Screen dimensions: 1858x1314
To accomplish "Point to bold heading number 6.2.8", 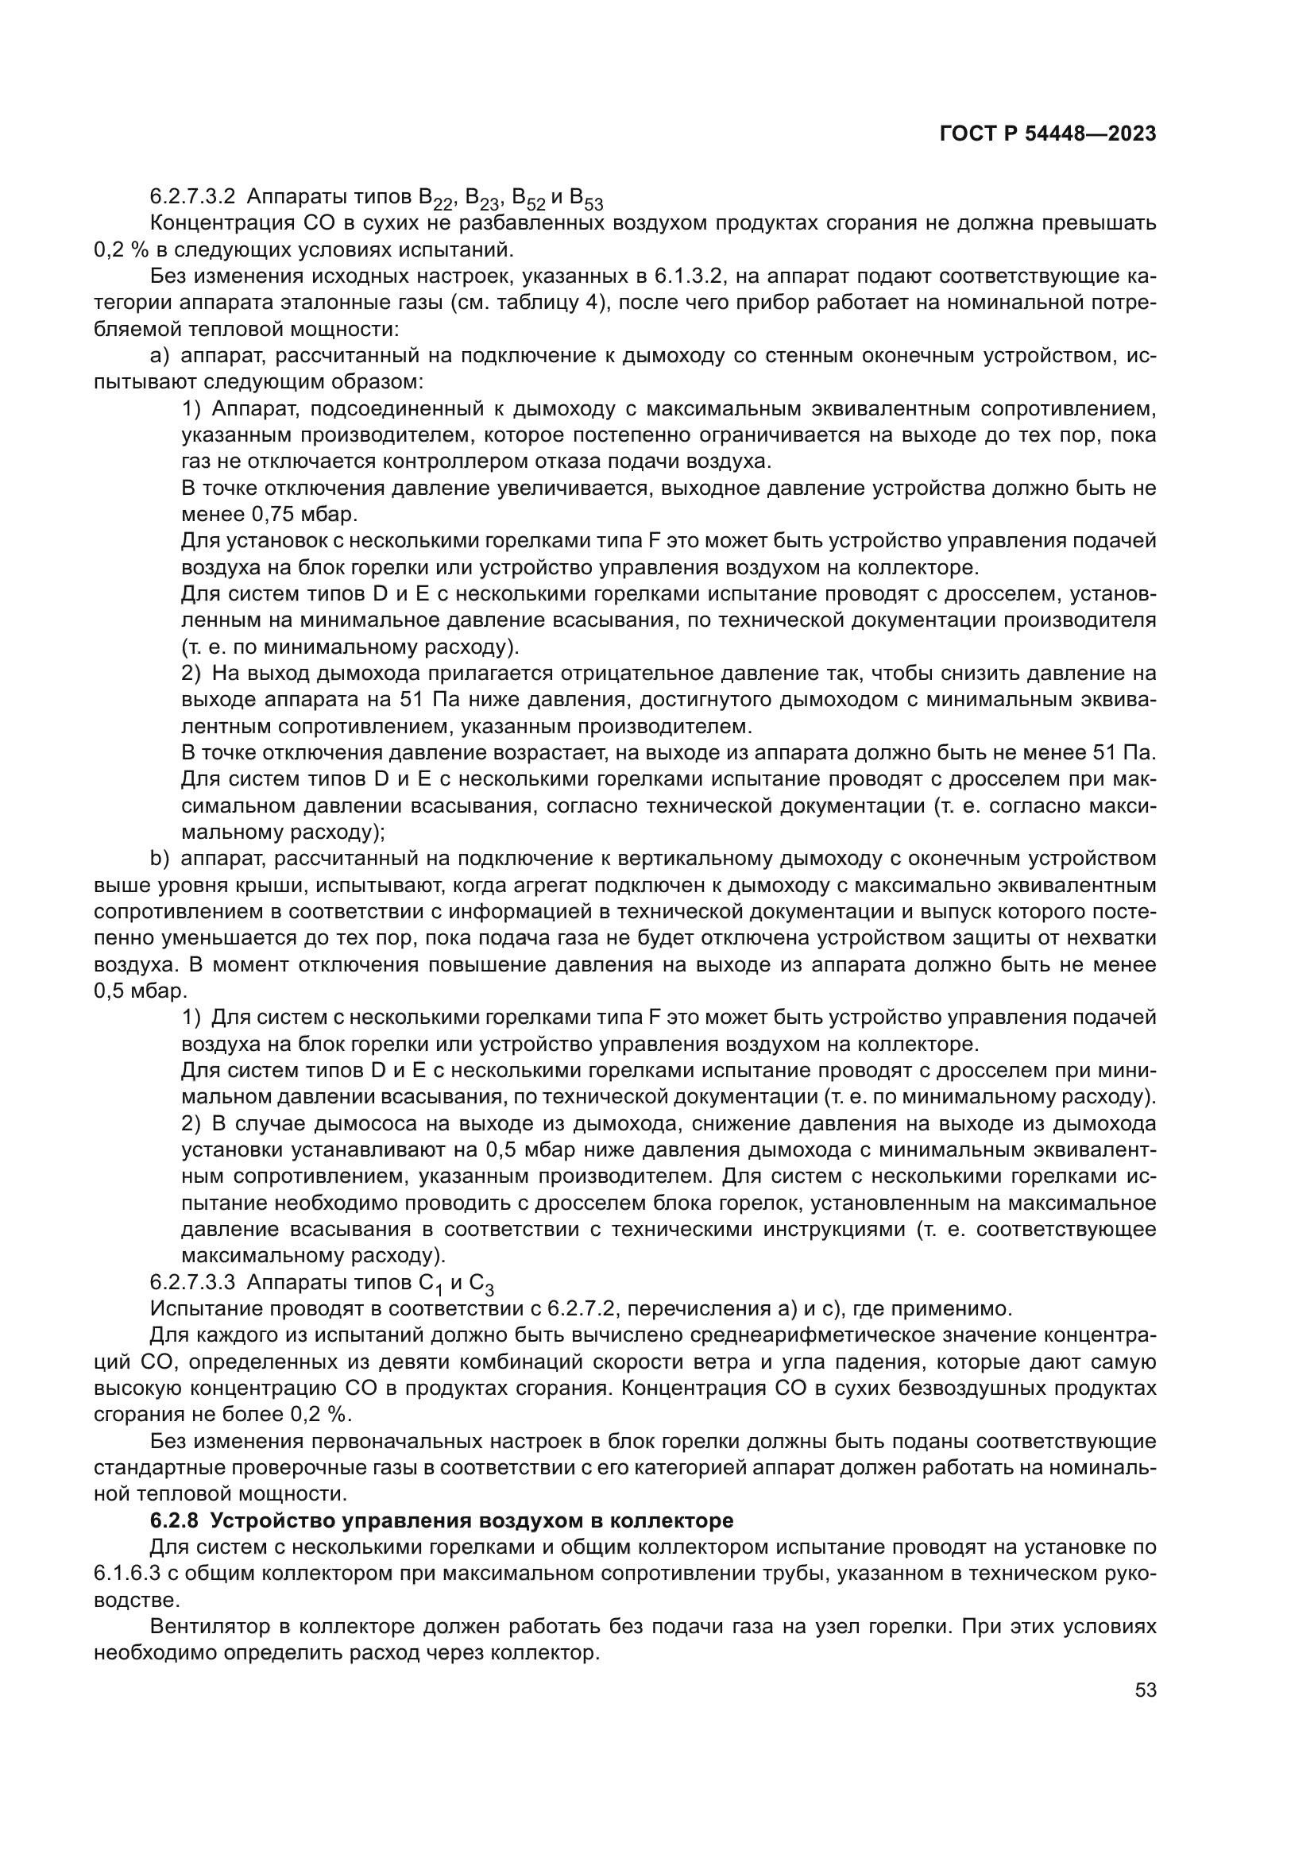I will (x=173, y=1520).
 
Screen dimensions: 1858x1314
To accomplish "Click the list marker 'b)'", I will (x=157, y=858).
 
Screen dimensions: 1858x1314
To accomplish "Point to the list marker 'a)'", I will (x=159, y=356).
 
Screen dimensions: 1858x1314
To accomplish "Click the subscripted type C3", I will (x=481, y=1285).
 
